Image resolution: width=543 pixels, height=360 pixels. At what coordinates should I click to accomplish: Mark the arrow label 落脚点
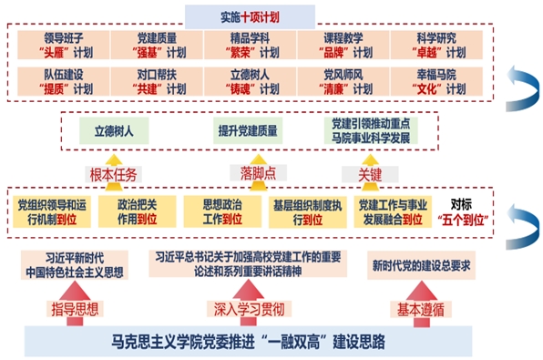pyautogui.click(x=244, y=171)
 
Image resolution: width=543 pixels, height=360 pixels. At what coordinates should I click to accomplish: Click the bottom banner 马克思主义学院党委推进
pyautogui.click(x=248, y=342)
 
